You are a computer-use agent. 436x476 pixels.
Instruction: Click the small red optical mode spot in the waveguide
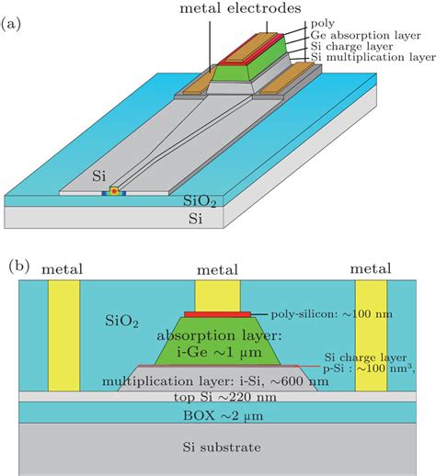click(x=115, y=192)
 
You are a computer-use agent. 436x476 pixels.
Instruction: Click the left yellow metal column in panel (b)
click(x=64, y=340)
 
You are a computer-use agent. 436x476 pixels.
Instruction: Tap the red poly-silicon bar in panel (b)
click(x=217, y=314)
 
